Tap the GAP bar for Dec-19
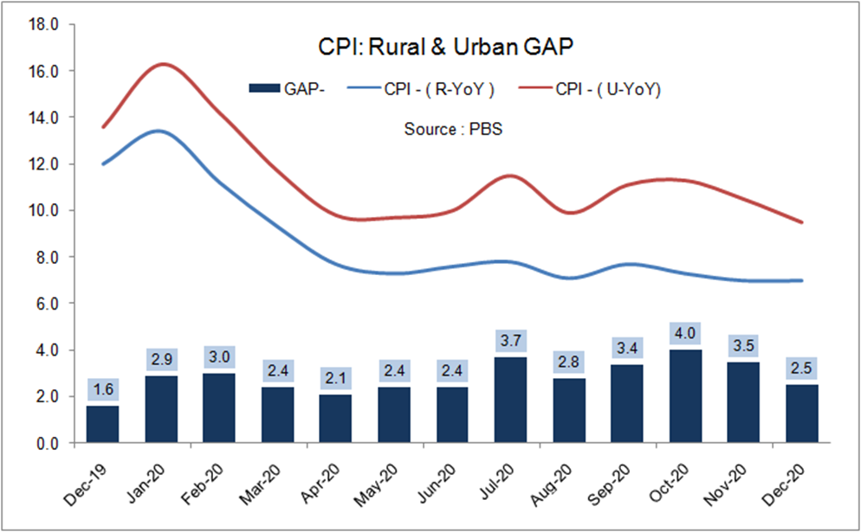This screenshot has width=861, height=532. tap(102, 424)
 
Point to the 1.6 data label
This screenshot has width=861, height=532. tap(102, 389)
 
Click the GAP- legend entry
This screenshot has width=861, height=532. tap(287, 88)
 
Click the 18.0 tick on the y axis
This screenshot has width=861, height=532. tap(43, 24)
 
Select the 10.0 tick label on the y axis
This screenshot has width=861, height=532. tap(43, 210)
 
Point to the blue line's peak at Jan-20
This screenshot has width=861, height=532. tap(161, 131)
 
